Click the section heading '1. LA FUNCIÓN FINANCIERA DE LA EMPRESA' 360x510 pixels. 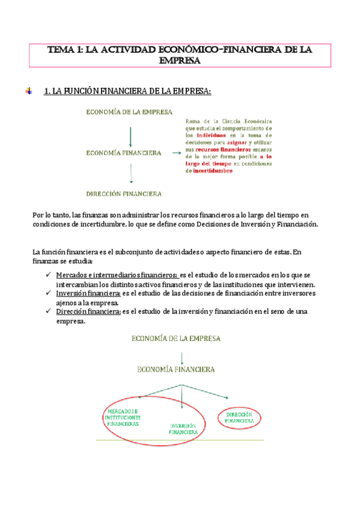(x=128, y=91)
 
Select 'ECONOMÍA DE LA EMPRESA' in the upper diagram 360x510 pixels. (x=129, y=112)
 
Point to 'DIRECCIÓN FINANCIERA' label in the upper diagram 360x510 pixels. (x=124, y=194)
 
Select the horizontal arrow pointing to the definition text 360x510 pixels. (x=177, y=153)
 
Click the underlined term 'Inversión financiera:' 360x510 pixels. (x=88, y=293)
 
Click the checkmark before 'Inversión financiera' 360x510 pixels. (x=47, y=293)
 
